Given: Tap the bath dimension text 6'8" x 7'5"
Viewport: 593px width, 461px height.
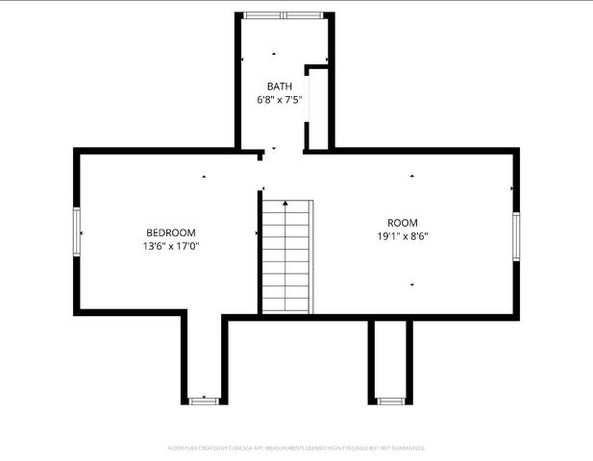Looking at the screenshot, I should coord(280,99).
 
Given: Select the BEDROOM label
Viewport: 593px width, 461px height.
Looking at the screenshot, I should coord(171,232).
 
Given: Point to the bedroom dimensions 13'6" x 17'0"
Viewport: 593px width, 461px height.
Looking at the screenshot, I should coord(171,246).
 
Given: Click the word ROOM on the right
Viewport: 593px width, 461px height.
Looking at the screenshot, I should coord(403,222).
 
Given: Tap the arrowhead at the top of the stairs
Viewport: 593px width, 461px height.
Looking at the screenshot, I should coord(285,204).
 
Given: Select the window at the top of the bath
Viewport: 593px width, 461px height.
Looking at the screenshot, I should coord(284,15).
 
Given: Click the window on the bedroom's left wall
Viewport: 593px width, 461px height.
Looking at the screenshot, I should coord(77,232).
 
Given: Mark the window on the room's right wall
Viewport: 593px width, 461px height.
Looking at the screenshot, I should coord(516,236).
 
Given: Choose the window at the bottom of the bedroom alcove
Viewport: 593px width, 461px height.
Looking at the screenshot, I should coord(204,400).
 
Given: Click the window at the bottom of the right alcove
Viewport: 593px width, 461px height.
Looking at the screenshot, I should coord(389,400).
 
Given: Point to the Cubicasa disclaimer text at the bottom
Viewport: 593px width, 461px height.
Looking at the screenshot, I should coord(296,448).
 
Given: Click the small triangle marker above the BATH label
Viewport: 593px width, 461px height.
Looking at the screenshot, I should coord(274,54).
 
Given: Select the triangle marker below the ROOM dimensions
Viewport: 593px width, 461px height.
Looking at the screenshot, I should coord(412,284).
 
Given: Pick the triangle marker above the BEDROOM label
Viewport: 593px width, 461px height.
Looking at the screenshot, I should coord(204,177).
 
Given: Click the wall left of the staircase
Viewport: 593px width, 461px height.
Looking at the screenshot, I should coord(259,252).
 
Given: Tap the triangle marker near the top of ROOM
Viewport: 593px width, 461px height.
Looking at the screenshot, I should coord(412,177).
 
